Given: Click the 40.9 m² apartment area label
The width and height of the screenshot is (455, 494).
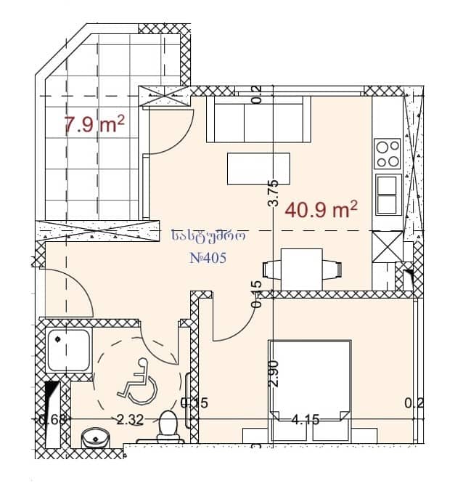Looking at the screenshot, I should coord(322,211).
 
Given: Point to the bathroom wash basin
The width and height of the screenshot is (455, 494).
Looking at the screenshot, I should coord(94,439).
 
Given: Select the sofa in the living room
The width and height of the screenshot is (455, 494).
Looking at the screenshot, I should coord(255,120).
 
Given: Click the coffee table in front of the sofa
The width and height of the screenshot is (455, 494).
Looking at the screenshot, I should coord(258,169).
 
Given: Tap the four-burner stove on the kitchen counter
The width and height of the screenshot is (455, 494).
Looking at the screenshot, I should coord(388,154).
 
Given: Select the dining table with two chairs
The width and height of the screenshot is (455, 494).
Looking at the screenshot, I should coord(302,268).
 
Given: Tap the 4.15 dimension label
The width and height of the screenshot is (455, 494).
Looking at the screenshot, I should coord(306,419).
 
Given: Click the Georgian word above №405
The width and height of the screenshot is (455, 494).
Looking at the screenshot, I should coord(209,235).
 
